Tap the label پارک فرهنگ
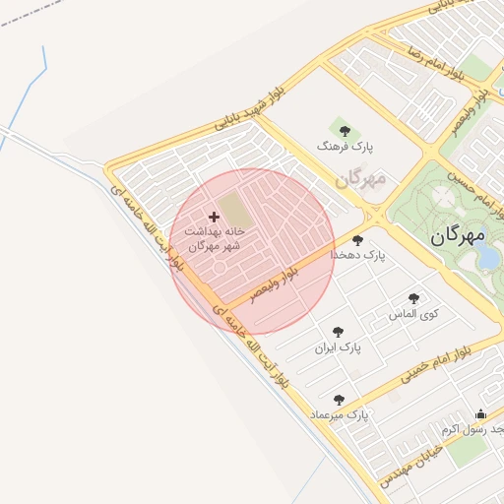pos(339,146)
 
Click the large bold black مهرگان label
pos(460,236)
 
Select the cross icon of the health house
pos(214,216)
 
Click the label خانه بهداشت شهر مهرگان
pos(214,239)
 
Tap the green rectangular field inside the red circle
pos(233,208)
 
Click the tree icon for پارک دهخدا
pos(356,239)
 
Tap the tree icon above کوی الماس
pos(413,297)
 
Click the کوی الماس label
pos(413,314)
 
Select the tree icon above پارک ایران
pos(339,332)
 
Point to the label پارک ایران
pos(339,348)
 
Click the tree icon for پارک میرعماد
pos(340,400)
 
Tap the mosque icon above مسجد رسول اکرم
pos(480,413)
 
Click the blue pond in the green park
pos(487,256)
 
